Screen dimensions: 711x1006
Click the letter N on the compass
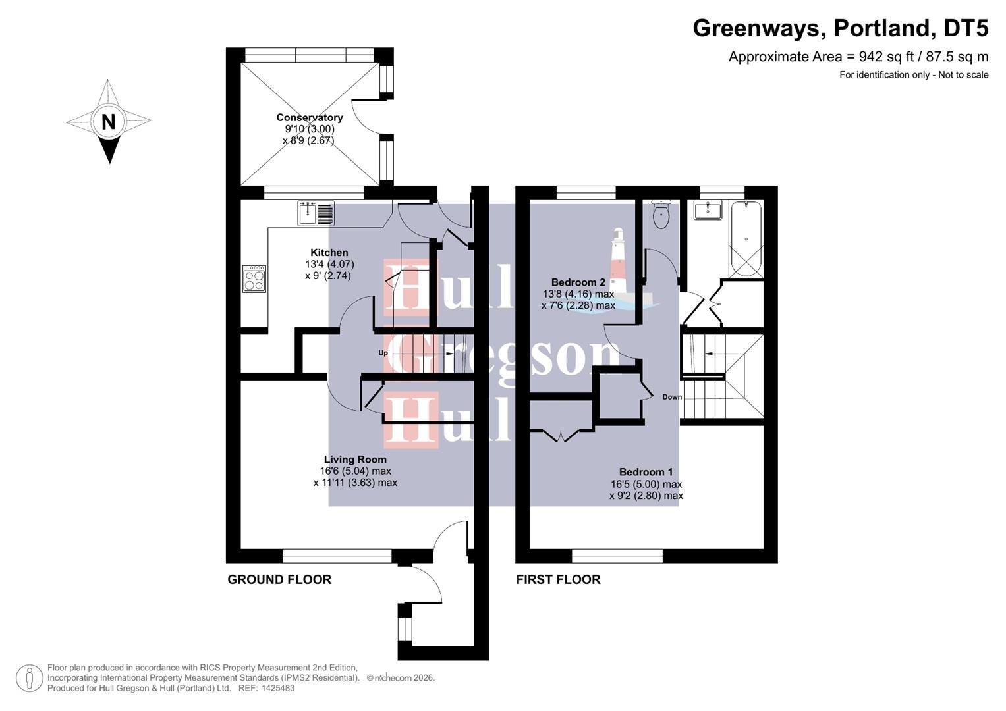pos(109,122)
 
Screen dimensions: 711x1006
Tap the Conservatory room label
pos(310,118)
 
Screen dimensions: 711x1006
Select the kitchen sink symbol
pos(316,213)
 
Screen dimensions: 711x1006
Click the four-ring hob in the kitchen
pos(254,278)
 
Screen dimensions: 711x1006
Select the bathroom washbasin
pos(706,211)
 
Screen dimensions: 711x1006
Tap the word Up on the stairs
pos(383,354)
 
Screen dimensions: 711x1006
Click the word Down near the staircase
pos(672,397)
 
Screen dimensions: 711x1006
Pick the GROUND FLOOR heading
pos(279,579)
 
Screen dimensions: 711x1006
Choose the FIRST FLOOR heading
pos(558,579)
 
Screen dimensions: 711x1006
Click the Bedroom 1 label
pos(646,472)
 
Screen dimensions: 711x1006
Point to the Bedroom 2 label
pos(578,282)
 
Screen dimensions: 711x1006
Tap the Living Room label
pos(355,460)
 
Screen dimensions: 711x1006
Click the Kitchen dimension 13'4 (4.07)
pos(329,265)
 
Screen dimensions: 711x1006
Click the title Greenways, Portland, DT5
pos(840,28)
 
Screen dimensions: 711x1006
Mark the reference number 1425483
pos(277,688)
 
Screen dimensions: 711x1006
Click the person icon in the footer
pos(29,677)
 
